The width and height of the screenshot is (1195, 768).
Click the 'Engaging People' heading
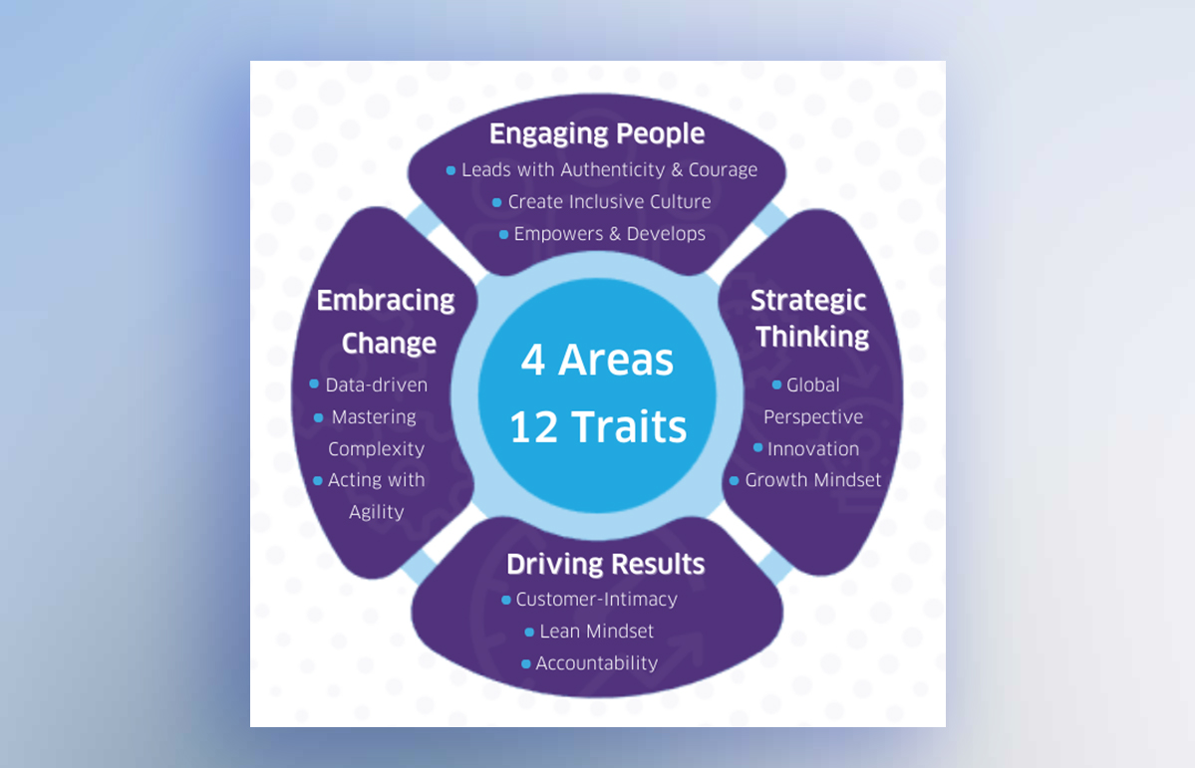[x=597, y=133]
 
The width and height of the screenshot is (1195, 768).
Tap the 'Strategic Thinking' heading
[x=810, y=319]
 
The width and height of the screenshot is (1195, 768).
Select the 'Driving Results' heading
[x=605, y=564]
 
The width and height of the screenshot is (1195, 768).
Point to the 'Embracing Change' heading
[x=386, y=321]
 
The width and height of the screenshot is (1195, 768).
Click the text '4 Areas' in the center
[x=597, y=360]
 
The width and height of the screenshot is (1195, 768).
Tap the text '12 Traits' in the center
[x=597, y=426]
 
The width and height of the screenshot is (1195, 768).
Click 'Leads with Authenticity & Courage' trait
[x=609, y=169]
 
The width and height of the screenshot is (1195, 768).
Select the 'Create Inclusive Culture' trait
[x=609, y=201]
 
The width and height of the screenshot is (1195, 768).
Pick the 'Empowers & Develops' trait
[x=609, y=234]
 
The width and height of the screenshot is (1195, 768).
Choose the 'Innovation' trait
[x=812, y=448]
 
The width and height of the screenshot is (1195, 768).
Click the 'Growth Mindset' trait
[x=812, y=480]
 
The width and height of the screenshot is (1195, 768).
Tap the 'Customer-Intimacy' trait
[x=596, y=600]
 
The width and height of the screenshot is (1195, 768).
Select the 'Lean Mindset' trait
[x=596, y=632]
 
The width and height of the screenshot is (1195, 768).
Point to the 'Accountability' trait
[x=596, y=663]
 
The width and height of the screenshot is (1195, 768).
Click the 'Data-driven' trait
[x=376, y=384]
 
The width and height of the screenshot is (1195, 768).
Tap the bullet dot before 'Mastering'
[x=319, y=417]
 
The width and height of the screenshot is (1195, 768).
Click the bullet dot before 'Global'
[x=776, y=384]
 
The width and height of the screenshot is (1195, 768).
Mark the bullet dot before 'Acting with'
[x=318, y=480]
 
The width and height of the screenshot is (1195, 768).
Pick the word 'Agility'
[x=377, y=512]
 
